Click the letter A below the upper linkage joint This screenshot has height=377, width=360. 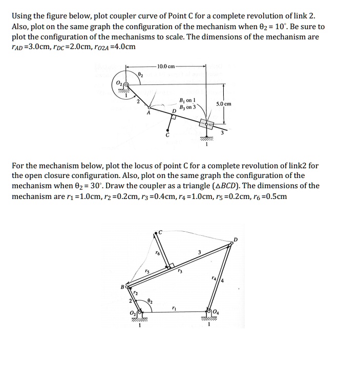[x=149, y=114]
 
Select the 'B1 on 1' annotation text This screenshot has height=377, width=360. [x=184, y=100]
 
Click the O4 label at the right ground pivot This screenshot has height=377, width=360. [x=216, y=312]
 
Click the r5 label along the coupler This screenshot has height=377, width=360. [x=147, y=272]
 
